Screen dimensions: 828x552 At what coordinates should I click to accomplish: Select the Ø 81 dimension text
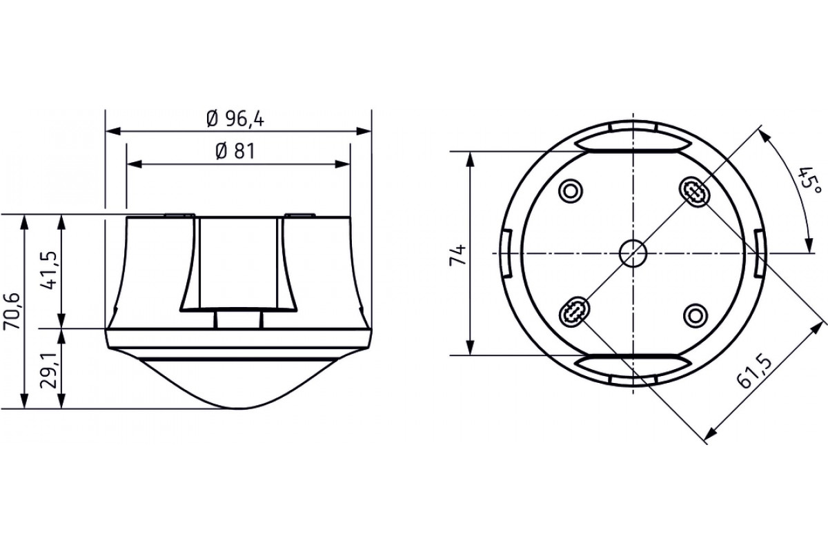point(235,152)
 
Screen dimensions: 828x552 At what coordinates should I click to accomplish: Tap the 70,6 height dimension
point(11,311)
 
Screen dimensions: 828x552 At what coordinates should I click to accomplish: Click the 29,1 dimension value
point(49,370)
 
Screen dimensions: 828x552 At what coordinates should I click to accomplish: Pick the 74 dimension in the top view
point(457,255)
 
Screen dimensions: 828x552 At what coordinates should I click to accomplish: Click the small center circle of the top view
point(633,253)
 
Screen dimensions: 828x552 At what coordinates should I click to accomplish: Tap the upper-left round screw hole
point(571,191)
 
